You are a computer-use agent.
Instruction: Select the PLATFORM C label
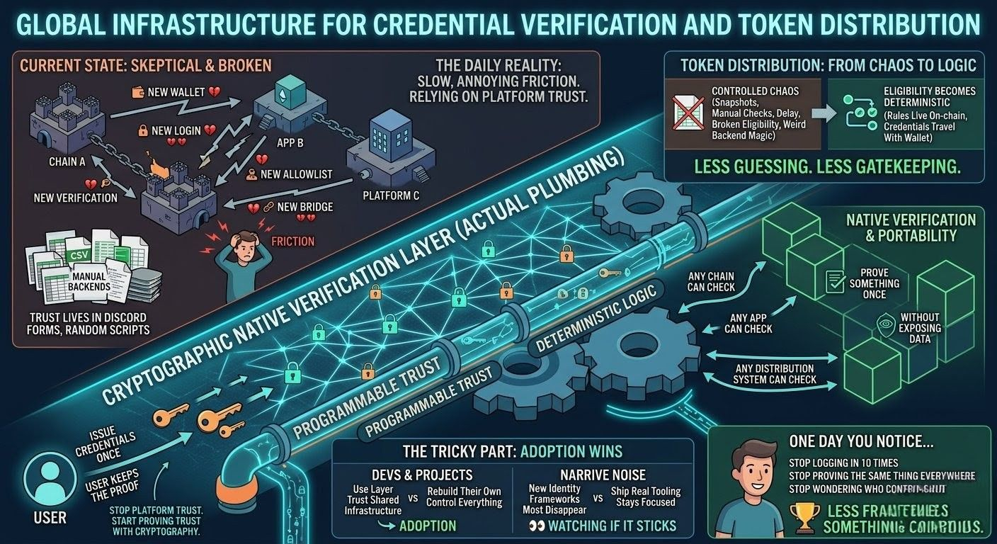391,195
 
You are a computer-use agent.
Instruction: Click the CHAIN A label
68,161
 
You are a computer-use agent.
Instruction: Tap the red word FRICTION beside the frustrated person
292,241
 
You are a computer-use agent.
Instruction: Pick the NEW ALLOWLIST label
296,174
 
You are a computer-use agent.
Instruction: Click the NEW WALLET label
176,92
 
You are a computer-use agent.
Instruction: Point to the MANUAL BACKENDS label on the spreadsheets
89,279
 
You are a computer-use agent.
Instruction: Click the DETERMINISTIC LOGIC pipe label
596,317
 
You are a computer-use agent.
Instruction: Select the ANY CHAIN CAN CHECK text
711,281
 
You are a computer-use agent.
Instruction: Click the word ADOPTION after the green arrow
428,526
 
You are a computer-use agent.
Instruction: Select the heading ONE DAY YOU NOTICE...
861,441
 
